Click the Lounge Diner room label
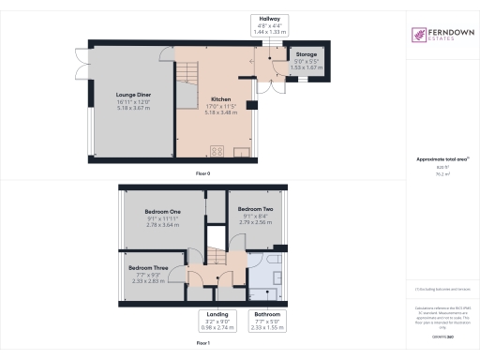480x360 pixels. [133, 95]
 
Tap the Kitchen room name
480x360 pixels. [221, 98]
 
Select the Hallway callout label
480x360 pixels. [268, 19]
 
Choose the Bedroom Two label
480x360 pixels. [255, 208]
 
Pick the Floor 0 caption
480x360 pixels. [202, 174]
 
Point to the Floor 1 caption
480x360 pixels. [202, 344]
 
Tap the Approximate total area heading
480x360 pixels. [441, 159]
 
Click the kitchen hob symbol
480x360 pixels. [215, 150]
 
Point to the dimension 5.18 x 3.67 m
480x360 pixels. [133, 108]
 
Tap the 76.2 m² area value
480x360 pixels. [441, 173]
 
